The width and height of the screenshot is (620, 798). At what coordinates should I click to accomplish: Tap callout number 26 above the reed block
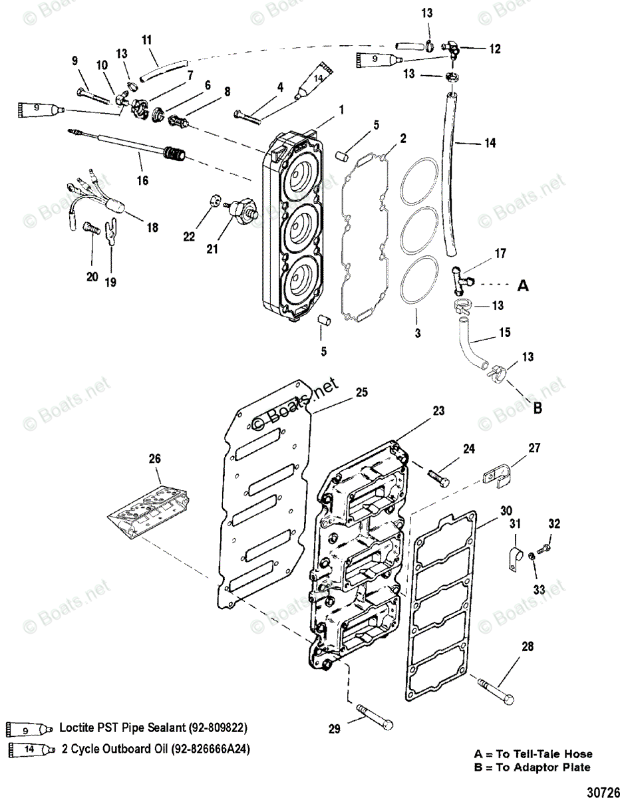154,459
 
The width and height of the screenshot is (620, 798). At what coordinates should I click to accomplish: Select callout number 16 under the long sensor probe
143,180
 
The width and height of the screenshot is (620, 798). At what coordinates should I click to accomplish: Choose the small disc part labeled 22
214,199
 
